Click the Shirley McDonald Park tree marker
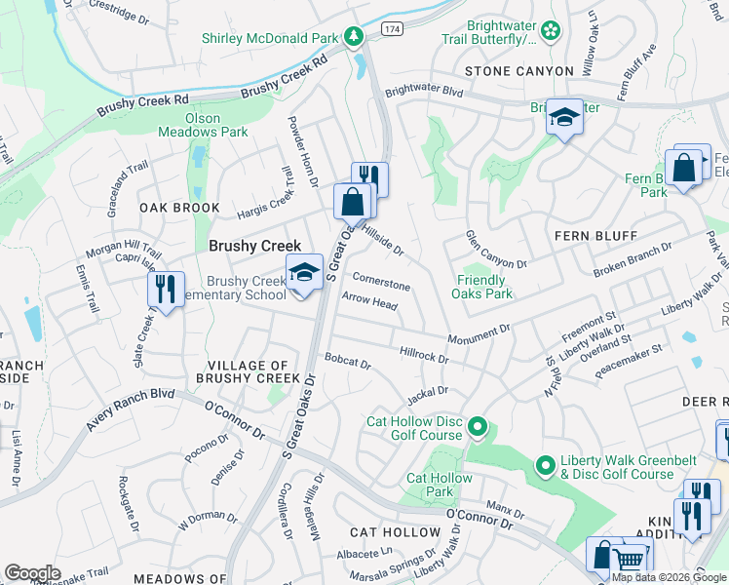353,38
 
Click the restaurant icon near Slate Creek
165,289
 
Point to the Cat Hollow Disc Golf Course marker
477,426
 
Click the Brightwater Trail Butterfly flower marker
551,31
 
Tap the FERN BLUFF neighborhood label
595,236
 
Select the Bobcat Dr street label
348,362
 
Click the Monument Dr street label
479,335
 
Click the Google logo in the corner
32,572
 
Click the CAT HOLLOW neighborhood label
395,532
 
